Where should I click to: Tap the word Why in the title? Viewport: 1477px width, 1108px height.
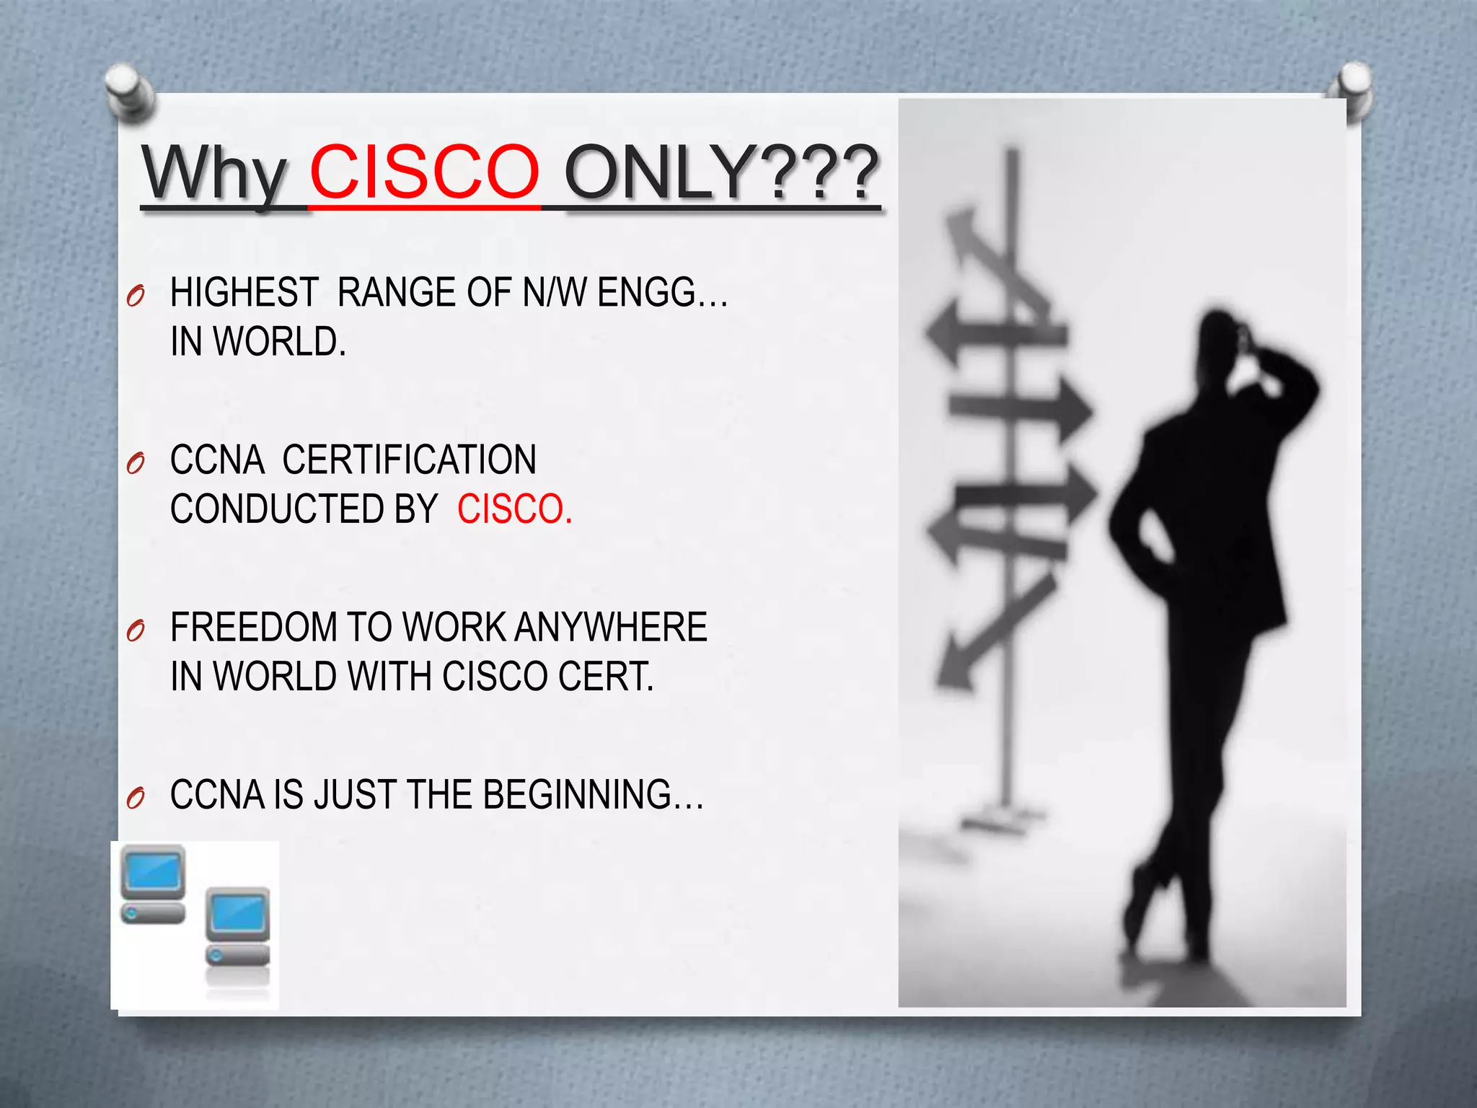215,173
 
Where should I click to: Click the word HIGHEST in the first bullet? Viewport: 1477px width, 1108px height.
244,293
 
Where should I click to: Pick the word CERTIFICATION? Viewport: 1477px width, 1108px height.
409,460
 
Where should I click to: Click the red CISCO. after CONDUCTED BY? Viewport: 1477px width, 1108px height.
514,509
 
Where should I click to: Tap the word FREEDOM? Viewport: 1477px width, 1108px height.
253,627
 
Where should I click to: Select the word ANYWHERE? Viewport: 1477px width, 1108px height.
610,627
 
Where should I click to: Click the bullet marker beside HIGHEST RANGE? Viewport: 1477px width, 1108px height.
135,296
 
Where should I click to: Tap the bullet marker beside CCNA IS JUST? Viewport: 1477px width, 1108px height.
135,798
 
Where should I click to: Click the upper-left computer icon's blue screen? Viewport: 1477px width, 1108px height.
152,871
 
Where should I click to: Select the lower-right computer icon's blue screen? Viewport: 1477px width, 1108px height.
237,913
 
